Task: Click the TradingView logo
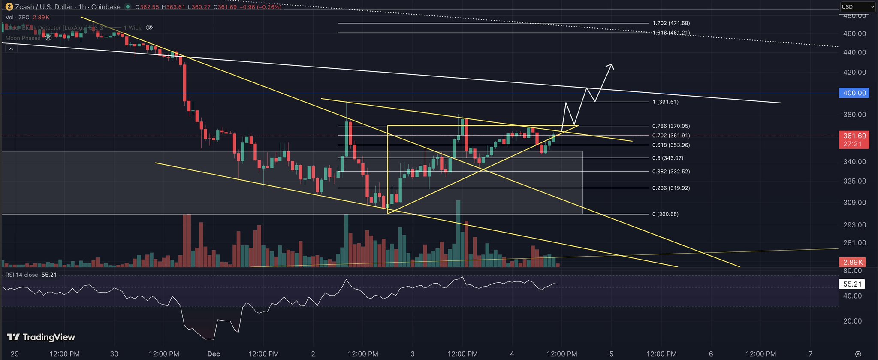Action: pyautogui.click(x=41, y=337)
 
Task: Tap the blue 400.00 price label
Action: pyautogui.click(x=854, y=93)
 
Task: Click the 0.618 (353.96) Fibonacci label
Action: pyautogui.click(x=671, y=145)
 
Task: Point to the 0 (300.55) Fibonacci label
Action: pyautogui.click(x=665, y=214)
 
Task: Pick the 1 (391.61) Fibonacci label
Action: pyautogui.click(x=665, y=102)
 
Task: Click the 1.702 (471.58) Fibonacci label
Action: pyautogui.click(x=671, y=24)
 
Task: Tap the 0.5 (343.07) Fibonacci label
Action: pyautogui.click(x=668, y=158)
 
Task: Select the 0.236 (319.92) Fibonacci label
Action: pyautogui.click(x=671, y=188)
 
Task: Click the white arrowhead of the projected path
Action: pyautogui.click(x=611, y=66)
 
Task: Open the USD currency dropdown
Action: pyautogui.click(x=857, y=7)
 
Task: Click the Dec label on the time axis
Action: pyautogui.click(x=213, y=354)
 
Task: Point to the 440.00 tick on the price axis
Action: pyautogui.click(x=854, y=52)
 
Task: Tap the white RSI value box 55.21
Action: pyautogui.click(x=852, y=284)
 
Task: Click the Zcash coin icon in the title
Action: pyautogui.click(x=9, y=7)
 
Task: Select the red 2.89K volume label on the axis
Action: pyautogui.click(x=853, y=262)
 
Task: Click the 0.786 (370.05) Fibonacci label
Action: pyautogui.click(x=671, y=126)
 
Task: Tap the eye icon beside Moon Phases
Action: pyautogui.click(x=48, y=38)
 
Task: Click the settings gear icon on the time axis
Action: pyautogui.click(x=858, y=354)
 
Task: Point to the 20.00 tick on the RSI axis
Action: pyautogui.click(x=852, y=321)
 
